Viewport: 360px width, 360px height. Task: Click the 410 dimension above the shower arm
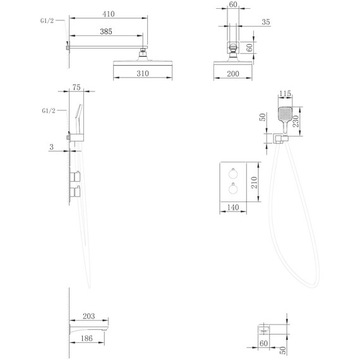pos(109,14)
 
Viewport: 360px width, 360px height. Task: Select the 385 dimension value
pos(106,32)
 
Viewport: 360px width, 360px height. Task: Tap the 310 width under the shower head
pos(143,73)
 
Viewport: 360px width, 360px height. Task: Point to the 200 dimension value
pos(233,74)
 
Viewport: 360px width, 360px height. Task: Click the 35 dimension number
pos(266,22)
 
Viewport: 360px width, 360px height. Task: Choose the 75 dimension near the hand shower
pos(76,88)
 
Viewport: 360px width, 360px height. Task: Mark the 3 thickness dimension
pos(51,147)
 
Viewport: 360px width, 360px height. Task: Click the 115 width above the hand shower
pos(285,93)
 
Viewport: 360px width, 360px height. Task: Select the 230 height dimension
pos(296,121)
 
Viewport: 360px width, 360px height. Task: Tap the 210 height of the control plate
pos(254,183)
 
